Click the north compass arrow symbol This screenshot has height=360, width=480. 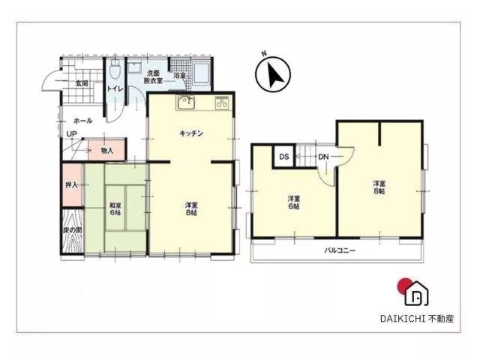[273, 73]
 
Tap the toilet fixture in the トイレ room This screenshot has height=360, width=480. [115, 69]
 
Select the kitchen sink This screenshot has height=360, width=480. [185, 103]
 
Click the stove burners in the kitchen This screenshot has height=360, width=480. [222, 103]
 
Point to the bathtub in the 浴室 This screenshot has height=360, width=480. [202, 73]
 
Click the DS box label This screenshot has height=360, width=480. [284, 157]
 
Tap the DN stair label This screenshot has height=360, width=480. [323, 157]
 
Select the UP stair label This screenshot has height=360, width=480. [72, 134]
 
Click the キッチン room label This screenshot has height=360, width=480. [191, 133]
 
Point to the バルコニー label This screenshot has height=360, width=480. [340, 250]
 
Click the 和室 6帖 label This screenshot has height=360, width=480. [115, 208]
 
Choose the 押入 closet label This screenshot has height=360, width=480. [72, 185]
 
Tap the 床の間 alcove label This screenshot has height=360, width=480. [73, 230]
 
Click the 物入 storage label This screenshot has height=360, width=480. [107, 151]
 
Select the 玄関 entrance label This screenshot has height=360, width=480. [82, 83]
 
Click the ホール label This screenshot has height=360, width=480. [82, 121]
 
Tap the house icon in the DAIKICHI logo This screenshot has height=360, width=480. [416, 293]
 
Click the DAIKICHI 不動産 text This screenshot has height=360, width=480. [417, 319]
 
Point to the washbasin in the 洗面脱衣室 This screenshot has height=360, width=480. [134, 67]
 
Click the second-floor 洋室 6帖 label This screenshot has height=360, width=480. [294, 202]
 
